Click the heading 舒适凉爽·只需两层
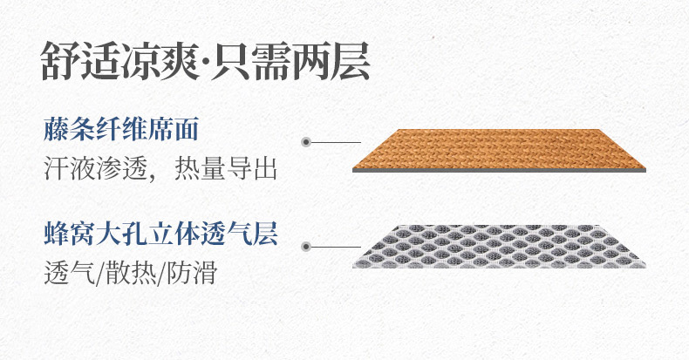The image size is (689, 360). (x=206, y=61)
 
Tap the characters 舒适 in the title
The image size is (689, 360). (x=80, y=61)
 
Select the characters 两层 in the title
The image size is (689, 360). (x=331, y=61)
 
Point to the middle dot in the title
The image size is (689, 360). (x=204, y=62)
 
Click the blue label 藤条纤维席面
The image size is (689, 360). (x=121, y=129)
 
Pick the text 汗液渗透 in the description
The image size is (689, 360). (x=95, y=168)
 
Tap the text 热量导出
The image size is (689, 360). (x=225, y=168)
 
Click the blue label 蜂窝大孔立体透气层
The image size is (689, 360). (x=160, y=234)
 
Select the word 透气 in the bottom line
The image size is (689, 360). (x=70, y=272)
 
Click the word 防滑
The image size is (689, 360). (x=192, y=272)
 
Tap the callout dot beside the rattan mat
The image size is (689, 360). (x=306, y=142)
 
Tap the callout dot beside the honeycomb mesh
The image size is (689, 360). (x=306, y=247)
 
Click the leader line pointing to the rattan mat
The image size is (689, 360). (x=336, y=142)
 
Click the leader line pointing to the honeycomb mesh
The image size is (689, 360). (x=336, y=247)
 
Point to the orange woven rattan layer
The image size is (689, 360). (x=499, y=149)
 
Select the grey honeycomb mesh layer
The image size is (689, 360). (x=499, y=247)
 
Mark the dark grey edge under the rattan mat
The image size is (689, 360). (x=499, y=170)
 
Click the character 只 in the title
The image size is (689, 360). (x=232, y=61)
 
